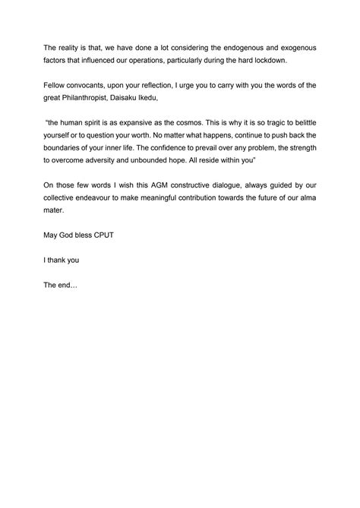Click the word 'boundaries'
[x=66, y=162]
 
